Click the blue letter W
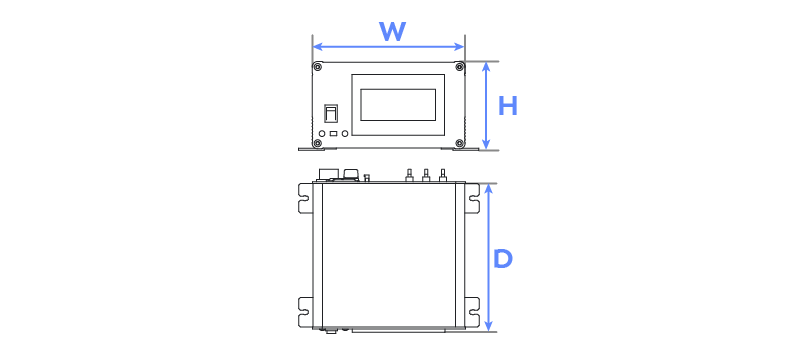click(x=392, y=32)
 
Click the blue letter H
click(x=508, y=107)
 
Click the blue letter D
click(x=503, y=260)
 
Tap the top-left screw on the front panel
click(x=318, y=67)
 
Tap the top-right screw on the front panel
click(x=459, y=66)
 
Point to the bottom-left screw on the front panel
click(x=318, y=143)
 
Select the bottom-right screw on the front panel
click(x=459, y=143)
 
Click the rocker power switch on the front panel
click(x=331, y=114)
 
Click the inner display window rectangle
click(x=398, y=105)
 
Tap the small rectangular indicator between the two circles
click(x=334, y=134)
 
